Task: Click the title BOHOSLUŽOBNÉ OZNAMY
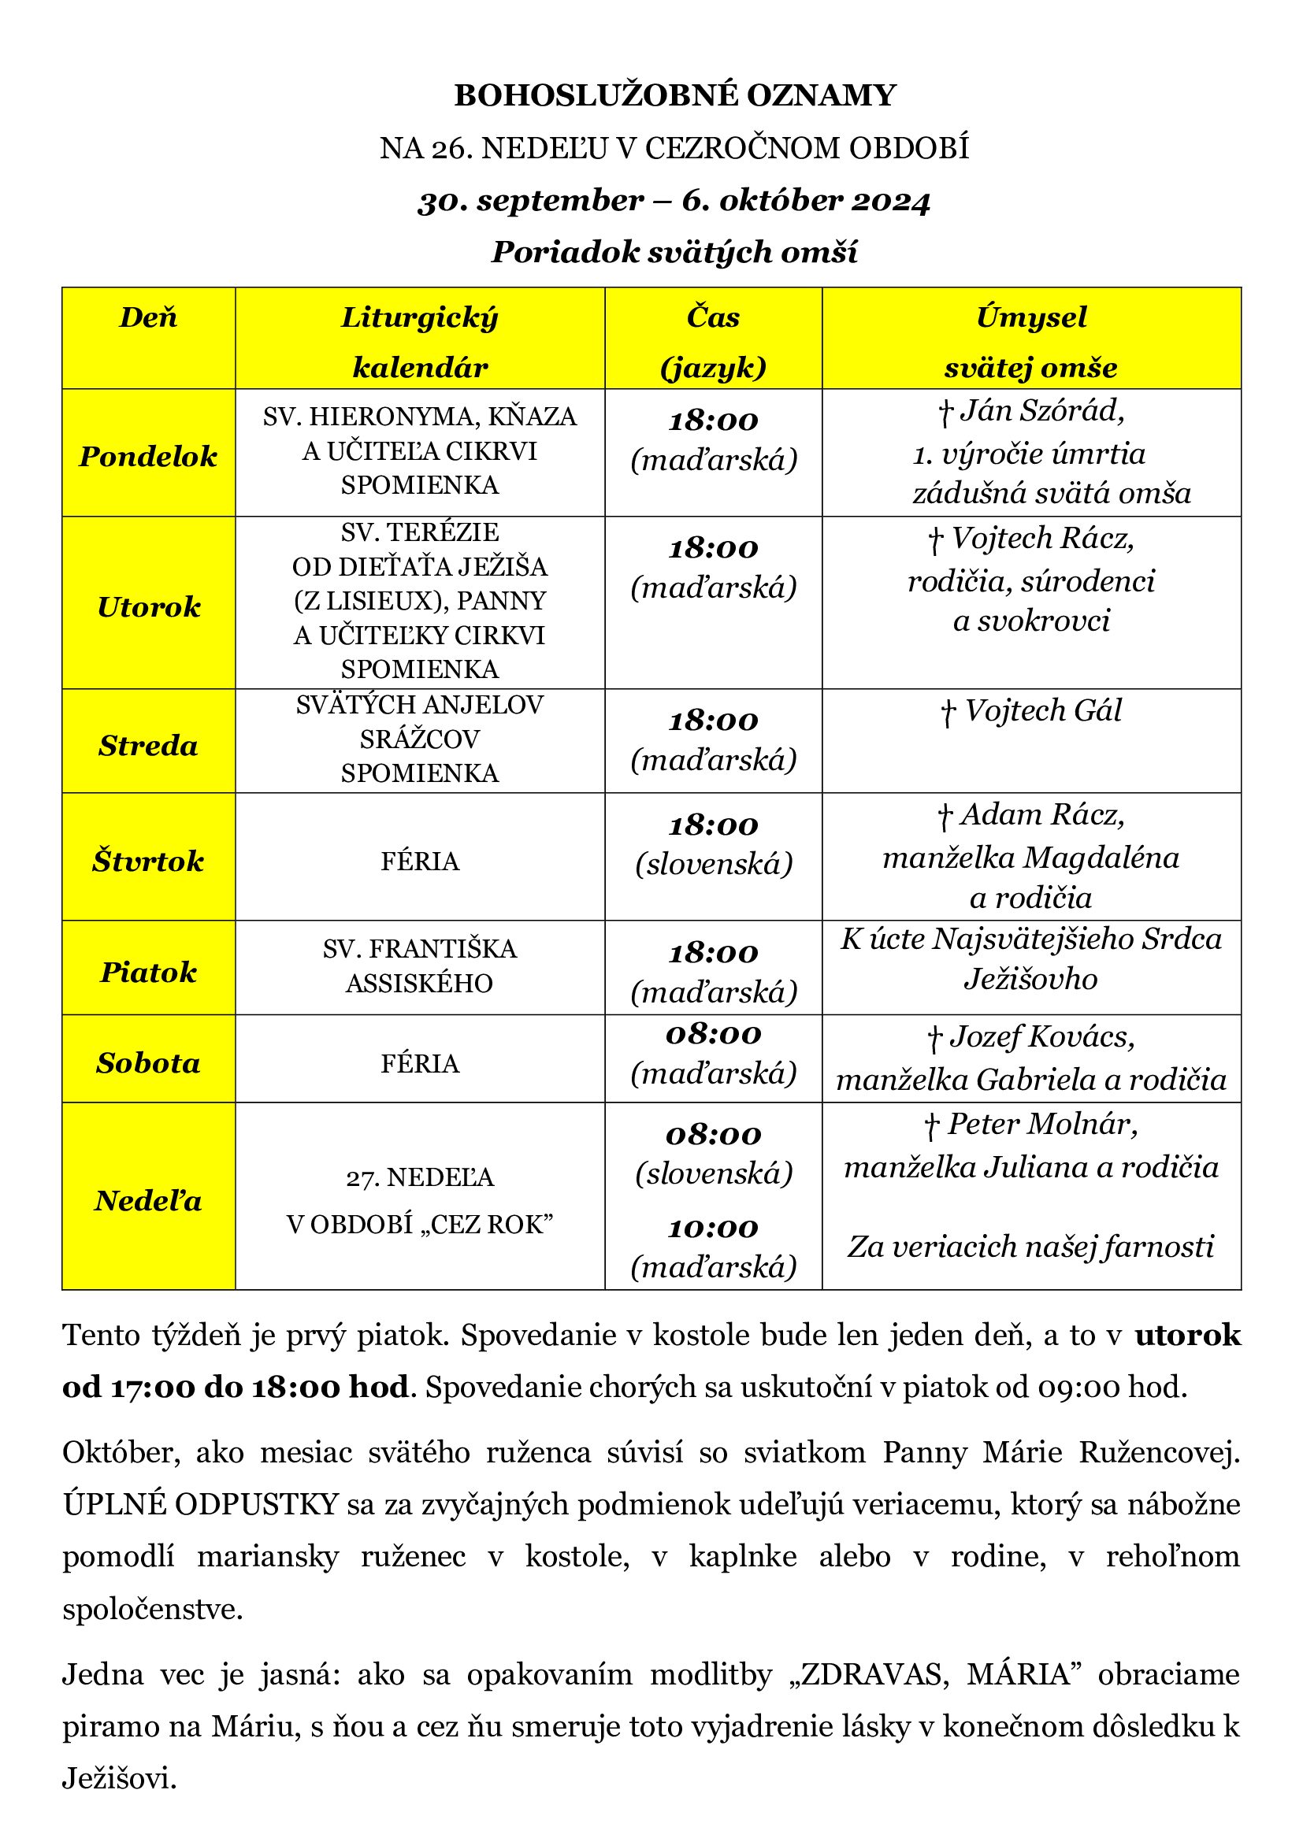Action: tap(675, 95)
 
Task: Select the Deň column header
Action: tap(148, 317)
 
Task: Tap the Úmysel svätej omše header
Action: tap(1031, 342)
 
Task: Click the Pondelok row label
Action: tap(148, 457)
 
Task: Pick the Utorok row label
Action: tap(148, 607)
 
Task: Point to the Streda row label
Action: tap(148, 746)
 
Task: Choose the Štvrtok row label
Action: tap(148, 862)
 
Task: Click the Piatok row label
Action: tap(148, 973)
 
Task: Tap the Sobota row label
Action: tap(148, 1063)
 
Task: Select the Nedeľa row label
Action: tap(148, 1201)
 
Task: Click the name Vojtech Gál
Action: tap(1042, 711)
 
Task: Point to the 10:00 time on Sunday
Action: tap(713, 1229)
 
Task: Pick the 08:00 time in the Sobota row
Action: tap(713, 1035)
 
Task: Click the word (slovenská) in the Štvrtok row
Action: tap(713, 864)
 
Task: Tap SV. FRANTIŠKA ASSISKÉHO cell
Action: tap(420, 966)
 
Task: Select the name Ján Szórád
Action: tap(1042, 411)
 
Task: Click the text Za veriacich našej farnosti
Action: tap(1031, 1247)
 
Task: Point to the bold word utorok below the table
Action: tap(1187, 1336)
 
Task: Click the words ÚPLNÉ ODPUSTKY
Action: tap(201, 1504)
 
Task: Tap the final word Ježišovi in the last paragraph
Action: tap(119, 1780)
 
